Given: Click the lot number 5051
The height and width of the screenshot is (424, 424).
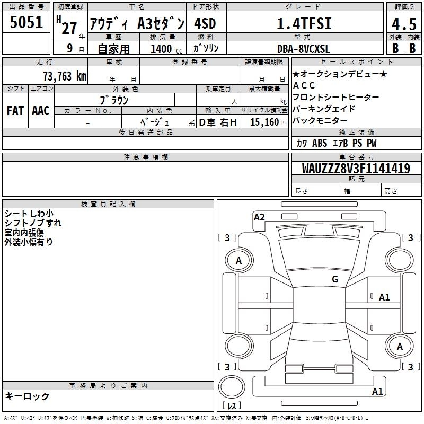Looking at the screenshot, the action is coord(26,22).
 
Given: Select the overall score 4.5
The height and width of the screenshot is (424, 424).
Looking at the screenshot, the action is coord(404,24).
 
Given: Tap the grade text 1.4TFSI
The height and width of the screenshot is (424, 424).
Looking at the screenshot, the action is coord(304,23).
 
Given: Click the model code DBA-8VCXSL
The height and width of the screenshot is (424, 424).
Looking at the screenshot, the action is coord(303,49).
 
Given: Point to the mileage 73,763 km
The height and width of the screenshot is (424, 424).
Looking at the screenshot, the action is coord(65,76).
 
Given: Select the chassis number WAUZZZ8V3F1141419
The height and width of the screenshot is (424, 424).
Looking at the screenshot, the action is coord(356,169).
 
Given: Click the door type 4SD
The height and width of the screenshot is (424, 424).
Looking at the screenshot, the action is coord(205,23).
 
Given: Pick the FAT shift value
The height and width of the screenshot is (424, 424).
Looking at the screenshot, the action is coord(15,111).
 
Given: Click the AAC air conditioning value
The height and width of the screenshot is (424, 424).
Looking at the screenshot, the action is coord(41,111).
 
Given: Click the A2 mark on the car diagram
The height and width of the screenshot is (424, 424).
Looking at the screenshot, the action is coord(259,217).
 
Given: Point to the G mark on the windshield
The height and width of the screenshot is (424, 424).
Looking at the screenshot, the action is coord(335,279).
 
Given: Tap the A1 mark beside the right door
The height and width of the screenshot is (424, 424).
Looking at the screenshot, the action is coord(384,297).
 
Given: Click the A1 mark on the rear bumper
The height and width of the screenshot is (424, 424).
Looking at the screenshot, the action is coord(377,391).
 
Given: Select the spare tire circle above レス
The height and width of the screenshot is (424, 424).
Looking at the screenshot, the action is coord(232,387).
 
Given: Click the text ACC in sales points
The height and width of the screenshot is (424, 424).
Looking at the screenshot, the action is coord(304,85).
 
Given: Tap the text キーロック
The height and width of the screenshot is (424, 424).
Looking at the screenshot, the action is coord(27,396).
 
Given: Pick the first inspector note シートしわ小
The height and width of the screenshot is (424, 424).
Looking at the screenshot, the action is coord(29,214).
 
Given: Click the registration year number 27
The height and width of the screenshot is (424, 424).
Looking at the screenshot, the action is coord(69,28).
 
